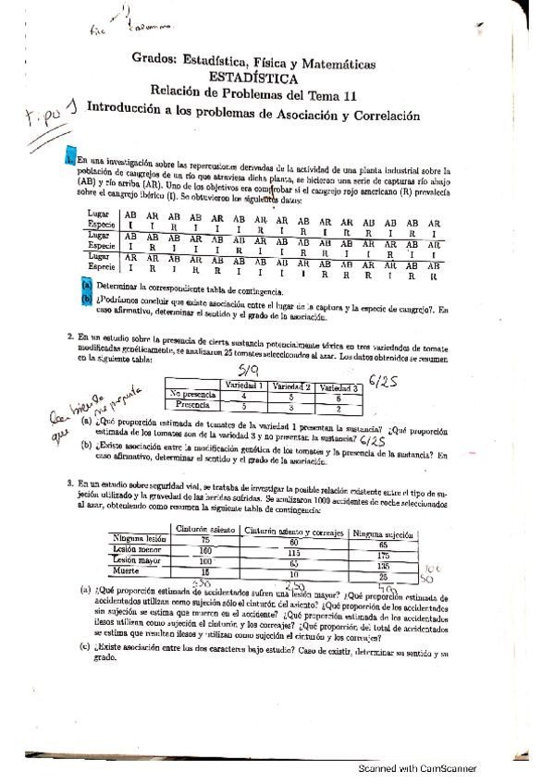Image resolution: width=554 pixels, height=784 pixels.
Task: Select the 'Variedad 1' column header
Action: tap(246, 385)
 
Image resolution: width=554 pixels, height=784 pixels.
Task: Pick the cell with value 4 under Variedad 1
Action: tap(244, 395)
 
